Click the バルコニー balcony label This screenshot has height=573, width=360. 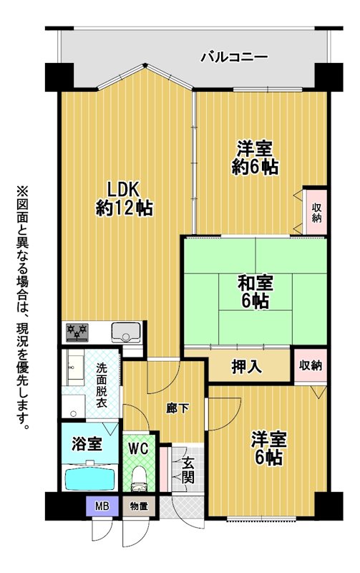[x=234, y=57]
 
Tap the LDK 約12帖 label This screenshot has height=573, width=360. [x=124, y=199]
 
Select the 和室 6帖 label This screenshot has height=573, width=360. [x=256, y=292]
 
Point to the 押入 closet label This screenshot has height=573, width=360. [x=247, y=367]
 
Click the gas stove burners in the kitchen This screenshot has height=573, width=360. [x=77, y=332]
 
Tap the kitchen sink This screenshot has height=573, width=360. [x=126, y=332]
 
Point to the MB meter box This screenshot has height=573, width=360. [x=102, y=507]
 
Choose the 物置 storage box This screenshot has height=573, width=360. [x=139, y=507]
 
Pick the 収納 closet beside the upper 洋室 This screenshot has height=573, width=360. [x=316, y=212]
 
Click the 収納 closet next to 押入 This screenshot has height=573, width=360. [x=311, y=365]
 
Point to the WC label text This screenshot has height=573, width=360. [x=138, y=448]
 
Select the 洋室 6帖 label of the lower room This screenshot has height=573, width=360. [x=268, y=448]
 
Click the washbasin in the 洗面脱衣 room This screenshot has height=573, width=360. [x=76, y=366]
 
